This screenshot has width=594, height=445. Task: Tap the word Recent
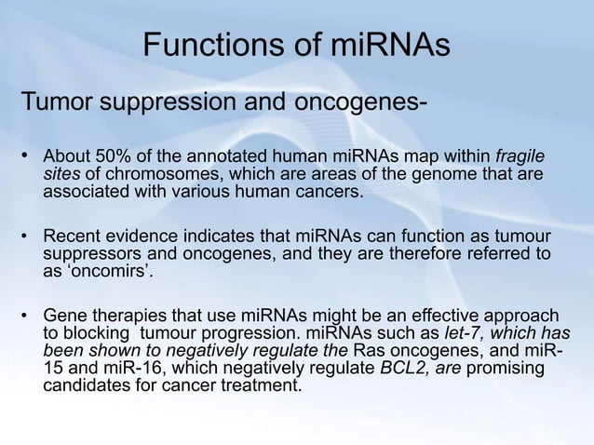73,235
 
